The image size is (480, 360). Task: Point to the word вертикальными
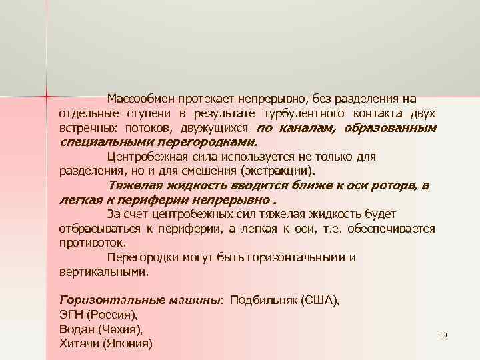103,271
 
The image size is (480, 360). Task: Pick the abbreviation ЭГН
71,315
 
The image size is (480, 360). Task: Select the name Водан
76,329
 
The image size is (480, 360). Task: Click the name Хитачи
78,344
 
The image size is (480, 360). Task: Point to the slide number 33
443,335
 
